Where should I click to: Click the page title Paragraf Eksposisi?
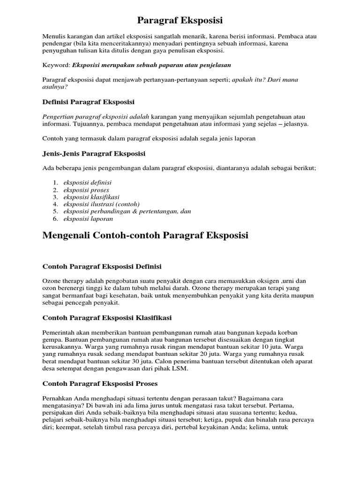click(x=180, y=21)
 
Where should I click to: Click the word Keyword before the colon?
click(x=56, y=65)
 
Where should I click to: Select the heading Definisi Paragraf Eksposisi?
click(x=89, y=102)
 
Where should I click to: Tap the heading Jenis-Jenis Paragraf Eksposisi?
click(x=94, y=153)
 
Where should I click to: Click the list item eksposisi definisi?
click(x=88, y=182)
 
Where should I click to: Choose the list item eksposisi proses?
click(x=86, y=190)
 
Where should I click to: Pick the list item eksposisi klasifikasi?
click(x=91, y=197)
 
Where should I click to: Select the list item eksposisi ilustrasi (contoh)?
click(x=102, y=204)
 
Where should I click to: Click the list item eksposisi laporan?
click(x=89, y=218)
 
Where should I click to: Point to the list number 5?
click(x=55, y=211)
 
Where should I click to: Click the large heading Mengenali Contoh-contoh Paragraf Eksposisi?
click(x=145, y=235)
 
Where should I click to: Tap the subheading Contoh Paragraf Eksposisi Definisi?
click(x=102, y=266)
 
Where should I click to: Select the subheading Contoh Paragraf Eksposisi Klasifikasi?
click(x=107, y=317)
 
